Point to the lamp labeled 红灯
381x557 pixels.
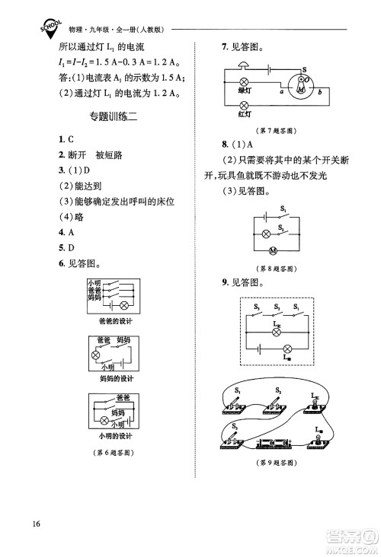(x=245, y=104)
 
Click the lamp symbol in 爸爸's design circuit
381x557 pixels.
(x=123, y=303)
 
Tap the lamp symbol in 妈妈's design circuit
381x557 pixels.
(x=97, y=355)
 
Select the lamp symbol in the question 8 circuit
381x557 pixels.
(x=266, y=232)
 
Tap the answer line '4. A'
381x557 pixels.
(x=66, y=232)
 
